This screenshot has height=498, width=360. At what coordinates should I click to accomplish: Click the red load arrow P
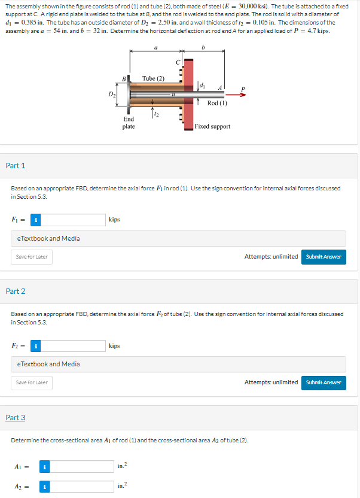tap(235, 94)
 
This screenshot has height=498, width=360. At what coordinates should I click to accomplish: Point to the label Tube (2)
tap(153, 78)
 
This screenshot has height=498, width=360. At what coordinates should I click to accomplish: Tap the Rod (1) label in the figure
tap(217, 103)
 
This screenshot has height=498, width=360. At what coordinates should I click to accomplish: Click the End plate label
tap(129, 123)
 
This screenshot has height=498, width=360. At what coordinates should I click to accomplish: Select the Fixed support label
tap(212, 126)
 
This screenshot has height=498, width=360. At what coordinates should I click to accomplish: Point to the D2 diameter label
tap(111, 94)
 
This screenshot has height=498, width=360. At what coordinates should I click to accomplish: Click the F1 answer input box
tap(72, 220)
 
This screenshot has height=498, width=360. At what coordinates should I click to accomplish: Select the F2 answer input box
tap(72, 345)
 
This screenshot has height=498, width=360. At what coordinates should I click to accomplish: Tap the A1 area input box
tap(81, 466)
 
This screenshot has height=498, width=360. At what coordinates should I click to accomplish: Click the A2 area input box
tap(81, 487)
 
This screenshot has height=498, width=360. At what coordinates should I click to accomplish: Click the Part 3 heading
tap(16, 417)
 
